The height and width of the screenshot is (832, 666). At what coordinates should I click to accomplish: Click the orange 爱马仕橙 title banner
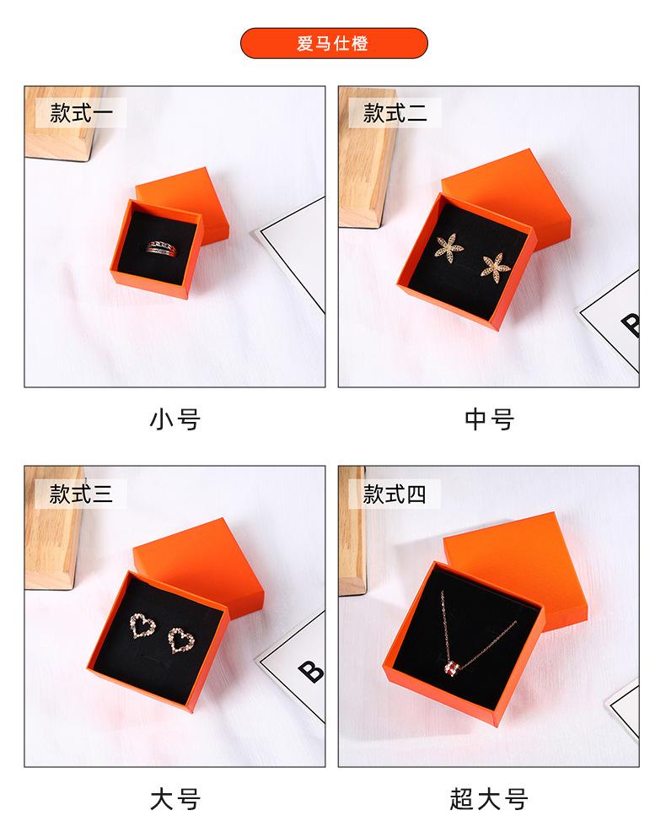[334, 43]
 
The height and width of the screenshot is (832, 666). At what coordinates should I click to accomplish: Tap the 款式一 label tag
[81, 112]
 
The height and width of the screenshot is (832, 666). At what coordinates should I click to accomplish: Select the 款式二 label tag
[395, 112]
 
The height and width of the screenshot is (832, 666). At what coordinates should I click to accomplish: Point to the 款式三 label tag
[81, 493]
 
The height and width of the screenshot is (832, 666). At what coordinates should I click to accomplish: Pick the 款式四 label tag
[395, 493]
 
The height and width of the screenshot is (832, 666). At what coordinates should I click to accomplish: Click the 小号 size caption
[175, 419]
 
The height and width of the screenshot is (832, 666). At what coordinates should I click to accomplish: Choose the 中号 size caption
[489, 419]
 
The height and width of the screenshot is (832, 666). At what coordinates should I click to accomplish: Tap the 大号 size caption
[175, 798]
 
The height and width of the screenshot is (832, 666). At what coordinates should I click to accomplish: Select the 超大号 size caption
[489, 798]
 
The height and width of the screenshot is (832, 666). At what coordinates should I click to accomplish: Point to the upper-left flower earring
[446, 245]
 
